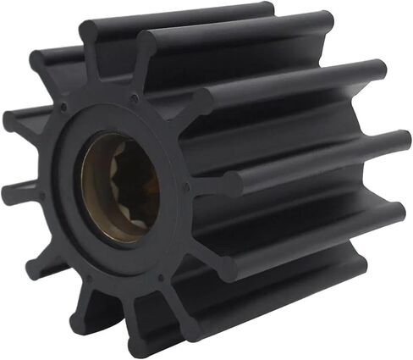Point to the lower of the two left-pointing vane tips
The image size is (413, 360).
point(10,193)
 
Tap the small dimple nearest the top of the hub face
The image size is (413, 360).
point(133,99)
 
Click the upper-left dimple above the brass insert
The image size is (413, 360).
point(66,108)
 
